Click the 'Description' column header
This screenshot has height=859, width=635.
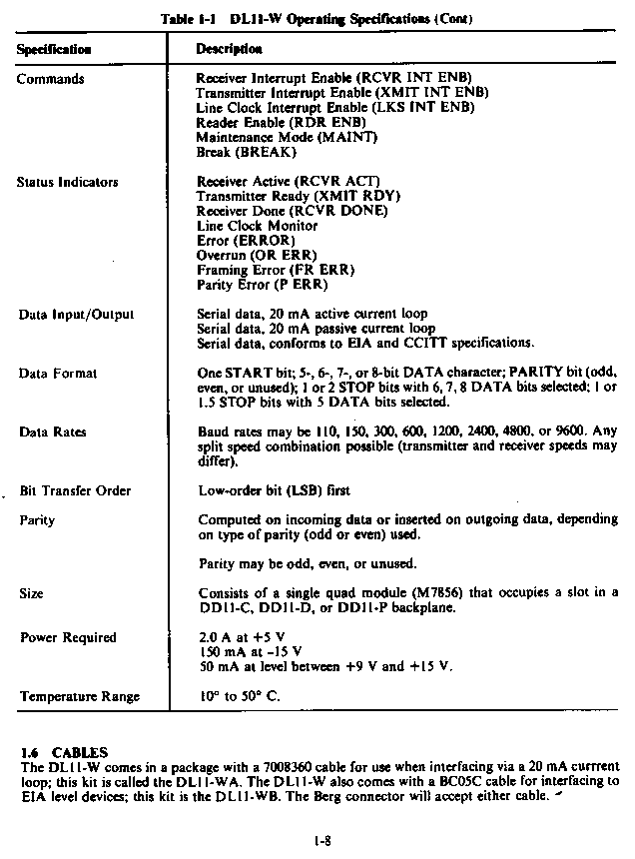click(x=230, y=48)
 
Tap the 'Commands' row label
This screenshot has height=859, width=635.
click(x=50, y=78)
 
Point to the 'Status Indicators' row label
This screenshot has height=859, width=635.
click(x=67, y=182)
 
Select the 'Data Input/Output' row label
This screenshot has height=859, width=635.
click(x=76, y=315)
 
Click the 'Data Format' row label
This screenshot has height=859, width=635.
click(x=58, y=374)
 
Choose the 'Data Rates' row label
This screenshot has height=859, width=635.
click(x=53, y=432)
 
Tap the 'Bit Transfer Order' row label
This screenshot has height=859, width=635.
click(x=76, y=491)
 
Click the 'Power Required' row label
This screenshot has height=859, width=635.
click(x=68, y=638)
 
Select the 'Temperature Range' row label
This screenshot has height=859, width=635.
click(x=80, y=697)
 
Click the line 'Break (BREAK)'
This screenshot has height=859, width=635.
click(x=247, y=152)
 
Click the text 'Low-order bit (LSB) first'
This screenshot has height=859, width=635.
click(x=275, y=491)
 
